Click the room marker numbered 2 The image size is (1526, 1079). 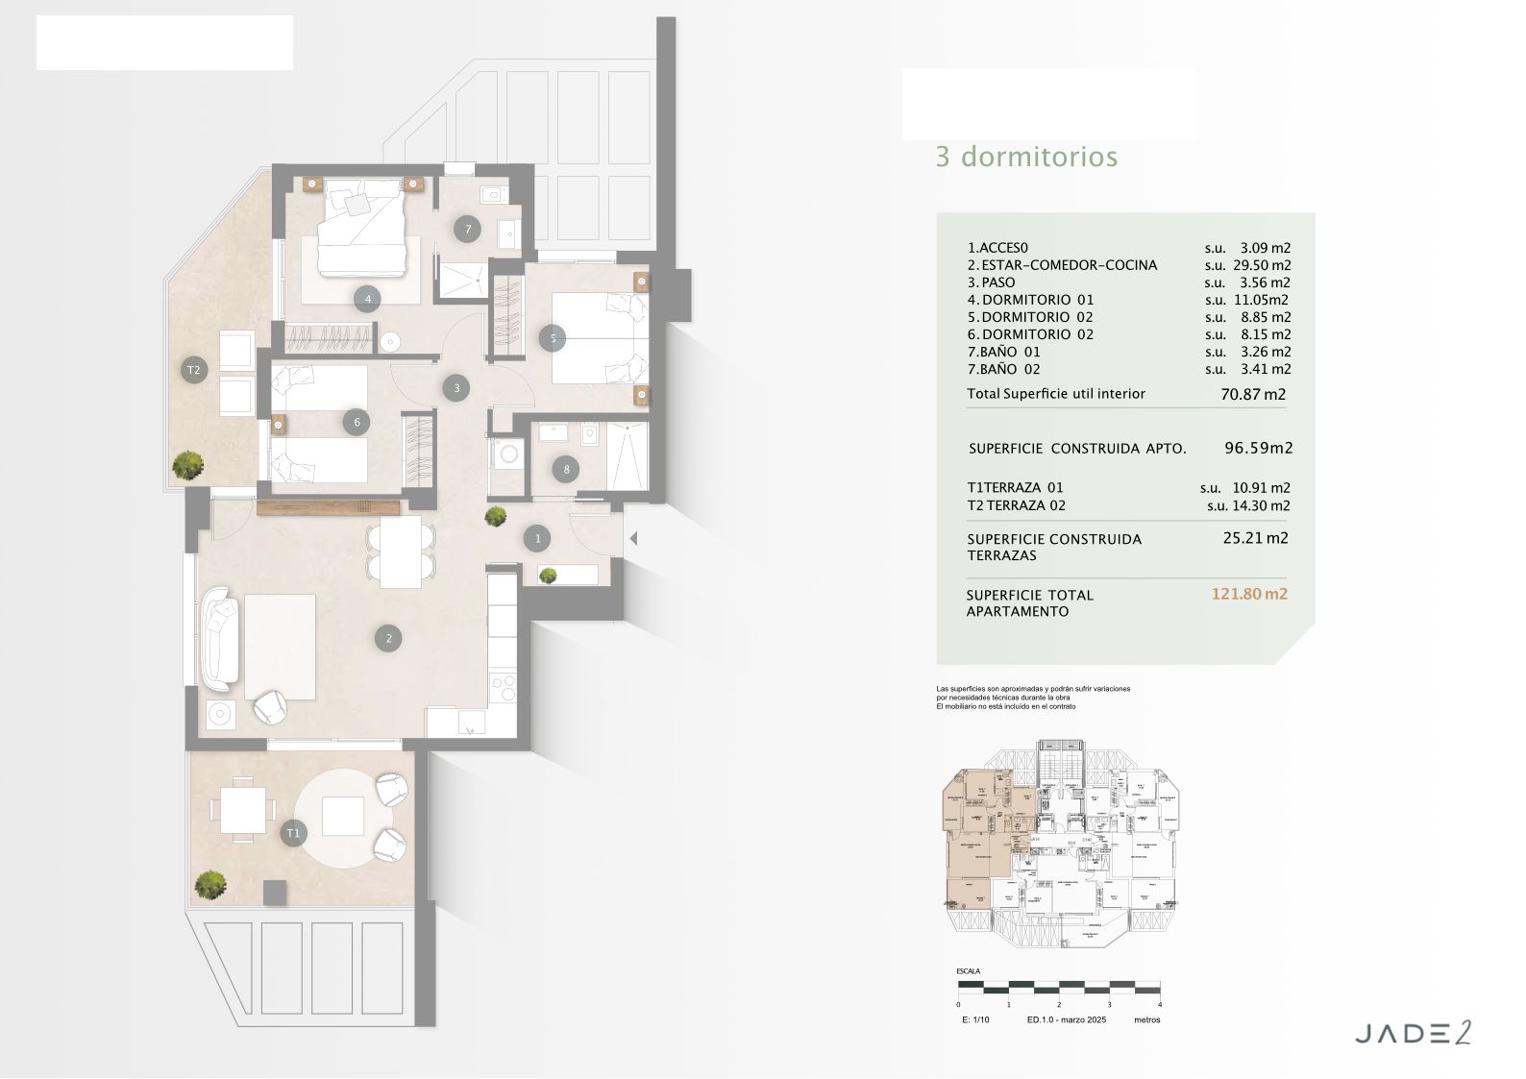click(388, 638)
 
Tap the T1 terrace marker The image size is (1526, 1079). click(293, 833)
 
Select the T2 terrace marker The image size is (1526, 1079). click(193, 370)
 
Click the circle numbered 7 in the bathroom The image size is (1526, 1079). click(468, 229)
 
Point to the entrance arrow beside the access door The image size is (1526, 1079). click(632, 540)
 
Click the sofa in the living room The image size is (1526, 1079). click(220, 638)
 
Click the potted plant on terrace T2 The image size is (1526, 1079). click(187, 465)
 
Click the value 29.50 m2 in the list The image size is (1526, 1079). click(1261, 265)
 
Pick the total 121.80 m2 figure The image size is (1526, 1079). click(1249, 594)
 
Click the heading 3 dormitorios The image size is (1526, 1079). click(1026, 157)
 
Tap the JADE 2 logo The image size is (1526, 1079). click(1413, 1034)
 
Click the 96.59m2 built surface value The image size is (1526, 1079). click(1258, 448)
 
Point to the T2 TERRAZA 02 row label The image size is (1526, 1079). click(1016, 505)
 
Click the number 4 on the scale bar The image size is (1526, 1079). click(1160, 1004)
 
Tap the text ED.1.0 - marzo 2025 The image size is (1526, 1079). click(1067, 1019)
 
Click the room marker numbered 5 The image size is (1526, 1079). click(553, 338)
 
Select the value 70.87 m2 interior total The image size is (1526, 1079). click(1253, 394)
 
